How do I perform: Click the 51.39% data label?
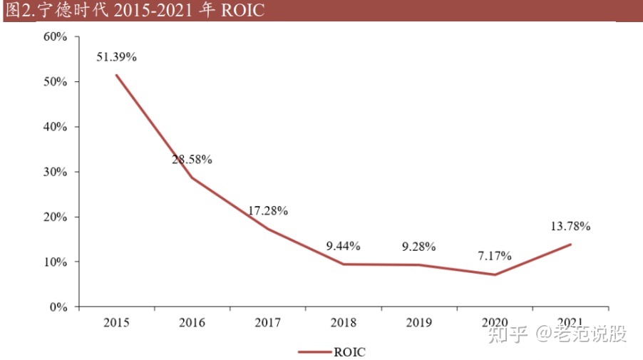tap(116, 57)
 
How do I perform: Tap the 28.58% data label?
tap(192, 160)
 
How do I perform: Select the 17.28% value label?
tap(268, 211)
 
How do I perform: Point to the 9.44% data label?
tap(344, 247)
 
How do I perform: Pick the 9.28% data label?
tap(419, 247)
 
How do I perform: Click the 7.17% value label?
tap(495, 254)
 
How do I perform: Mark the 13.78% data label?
tap(570, 227)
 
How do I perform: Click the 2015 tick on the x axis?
tap(116, 323)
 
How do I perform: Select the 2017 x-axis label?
tap(268, 323)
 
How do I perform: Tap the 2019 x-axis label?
tap(419, 323)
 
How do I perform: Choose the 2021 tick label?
tap(570, 323)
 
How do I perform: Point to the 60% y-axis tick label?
tap(56, 37)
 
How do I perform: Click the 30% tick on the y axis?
tap(56, 172)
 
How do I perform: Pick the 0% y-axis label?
tap(58, 307)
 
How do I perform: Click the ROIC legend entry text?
tap(349, 351)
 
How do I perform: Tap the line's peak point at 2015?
tap(116, 76)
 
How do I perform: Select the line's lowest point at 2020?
tap(495, 274)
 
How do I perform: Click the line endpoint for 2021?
tap(570, 245)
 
